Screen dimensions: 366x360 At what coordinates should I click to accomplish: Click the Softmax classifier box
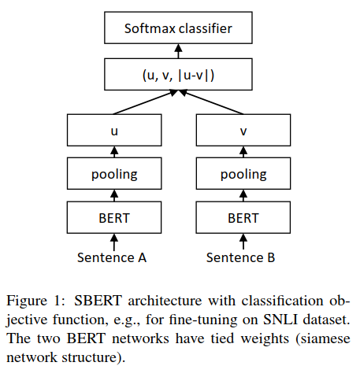(x=178, y=31)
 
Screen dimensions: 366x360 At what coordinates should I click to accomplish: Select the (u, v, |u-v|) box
(x=178, y=76)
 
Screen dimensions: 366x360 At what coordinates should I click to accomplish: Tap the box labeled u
(x=113, y=131)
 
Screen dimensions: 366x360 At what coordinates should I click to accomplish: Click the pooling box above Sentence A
(x=113, y=173)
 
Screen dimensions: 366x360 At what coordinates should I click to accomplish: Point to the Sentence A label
(x=113, y=257)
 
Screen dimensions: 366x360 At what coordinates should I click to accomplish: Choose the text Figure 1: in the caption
(x=32, y=300)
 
